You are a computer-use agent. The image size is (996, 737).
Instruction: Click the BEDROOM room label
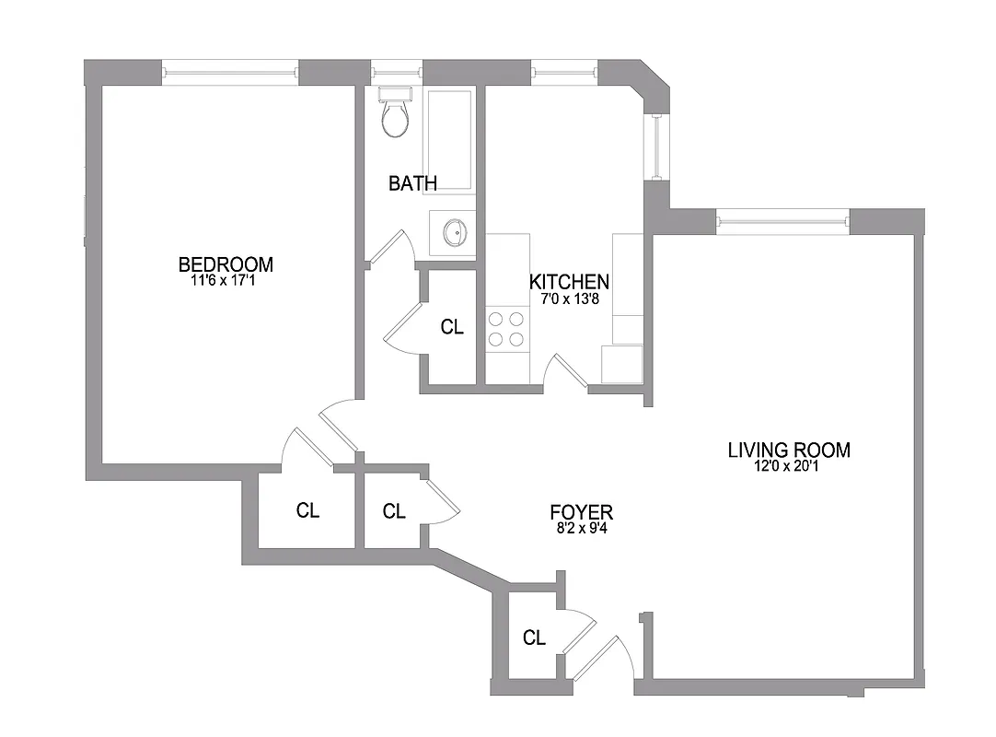pos(226,265)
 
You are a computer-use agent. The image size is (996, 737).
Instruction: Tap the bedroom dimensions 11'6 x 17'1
pos(223,281)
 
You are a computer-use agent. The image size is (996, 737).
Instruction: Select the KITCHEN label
pos(569,282)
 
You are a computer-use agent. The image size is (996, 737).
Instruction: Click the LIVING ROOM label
pos(789,450)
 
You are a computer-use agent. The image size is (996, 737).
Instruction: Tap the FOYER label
pos(581,512)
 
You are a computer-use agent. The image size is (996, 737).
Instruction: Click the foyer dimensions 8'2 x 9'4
pos(581,528)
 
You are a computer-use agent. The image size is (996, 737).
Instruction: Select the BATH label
pos(412,183)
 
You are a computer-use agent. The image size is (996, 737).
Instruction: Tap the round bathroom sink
pos(454,232)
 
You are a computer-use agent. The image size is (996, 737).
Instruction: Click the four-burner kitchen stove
pos(505,329)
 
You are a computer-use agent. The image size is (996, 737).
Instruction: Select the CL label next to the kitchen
pos(452,327)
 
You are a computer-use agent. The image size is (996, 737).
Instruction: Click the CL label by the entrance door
pos(534,638)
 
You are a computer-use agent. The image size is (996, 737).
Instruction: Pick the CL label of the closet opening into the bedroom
pos(307,510)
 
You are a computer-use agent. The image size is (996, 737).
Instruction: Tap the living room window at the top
pos(782,219)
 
